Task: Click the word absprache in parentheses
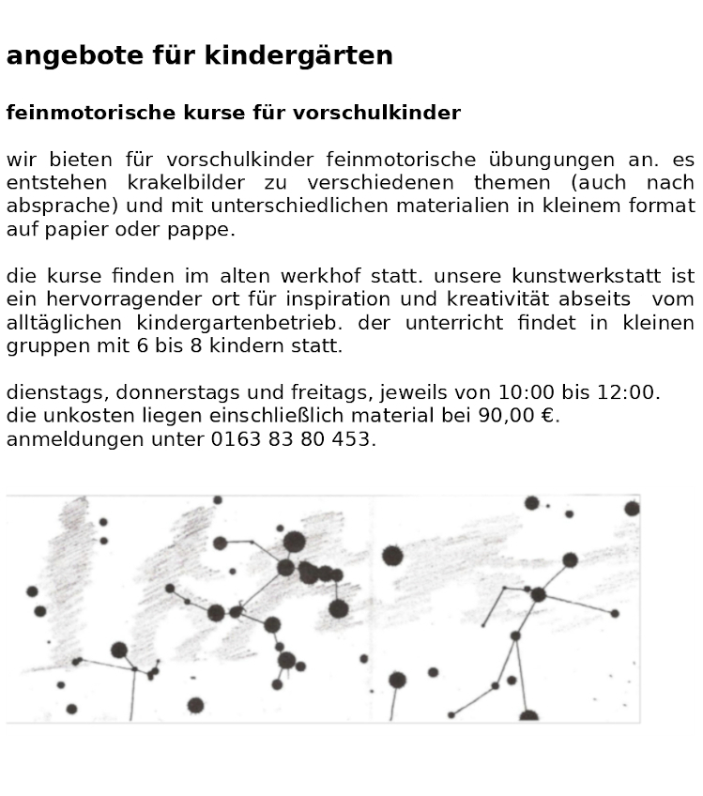tap(56, 207)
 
